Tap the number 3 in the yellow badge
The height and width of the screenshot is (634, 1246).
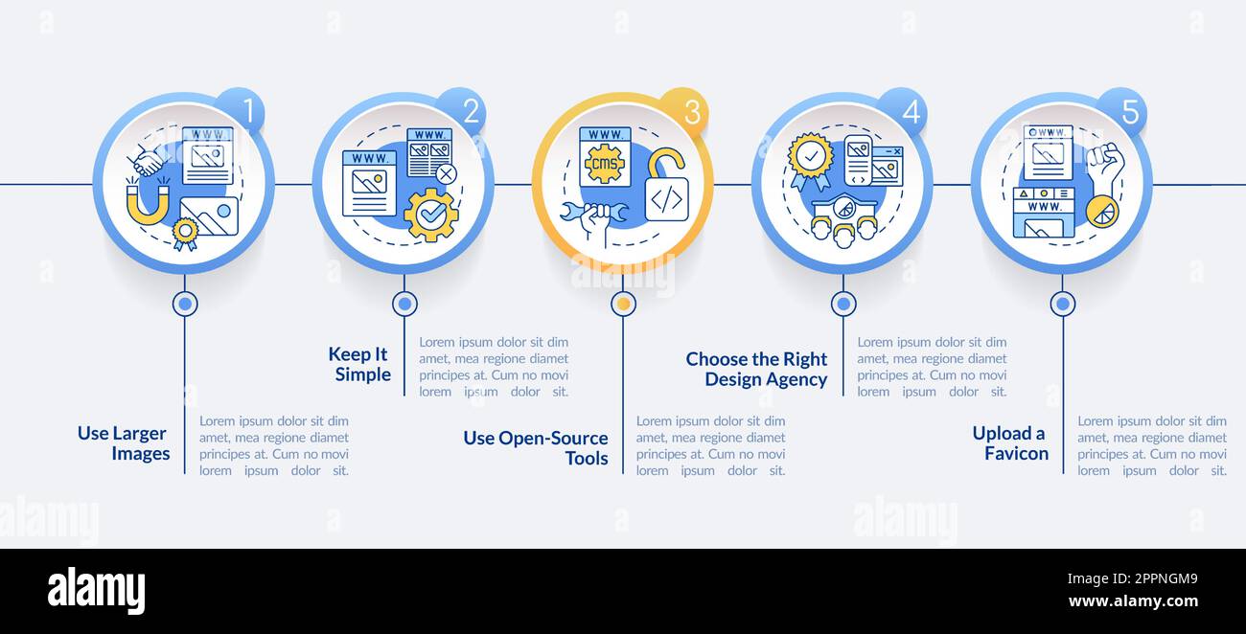point(691,113)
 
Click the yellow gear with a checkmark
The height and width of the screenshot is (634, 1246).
point(431,215)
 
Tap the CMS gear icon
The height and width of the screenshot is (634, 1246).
point(605,163)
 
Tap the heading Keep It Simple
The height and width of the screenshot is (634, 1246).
point(360,364)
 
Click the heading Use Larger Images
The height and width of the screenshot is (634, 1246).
point(124,442)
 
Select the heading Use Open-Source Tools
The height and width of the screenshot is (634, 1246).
point(536,448)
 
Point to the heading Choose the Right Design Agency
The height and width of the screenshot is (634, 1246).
point(756,369)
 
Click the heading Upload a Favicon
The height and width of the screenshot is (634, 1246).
point(1010,442)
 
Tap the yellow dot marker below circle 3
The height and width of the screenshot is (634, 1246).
point(624,304)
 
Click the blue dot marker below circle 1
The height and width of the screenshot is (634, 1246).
point(185,304)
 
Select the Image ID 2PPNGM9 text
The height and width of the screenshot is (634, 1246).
point(1132,579)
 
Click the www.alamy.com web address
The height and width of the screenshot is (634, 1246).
point(1133,601)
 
